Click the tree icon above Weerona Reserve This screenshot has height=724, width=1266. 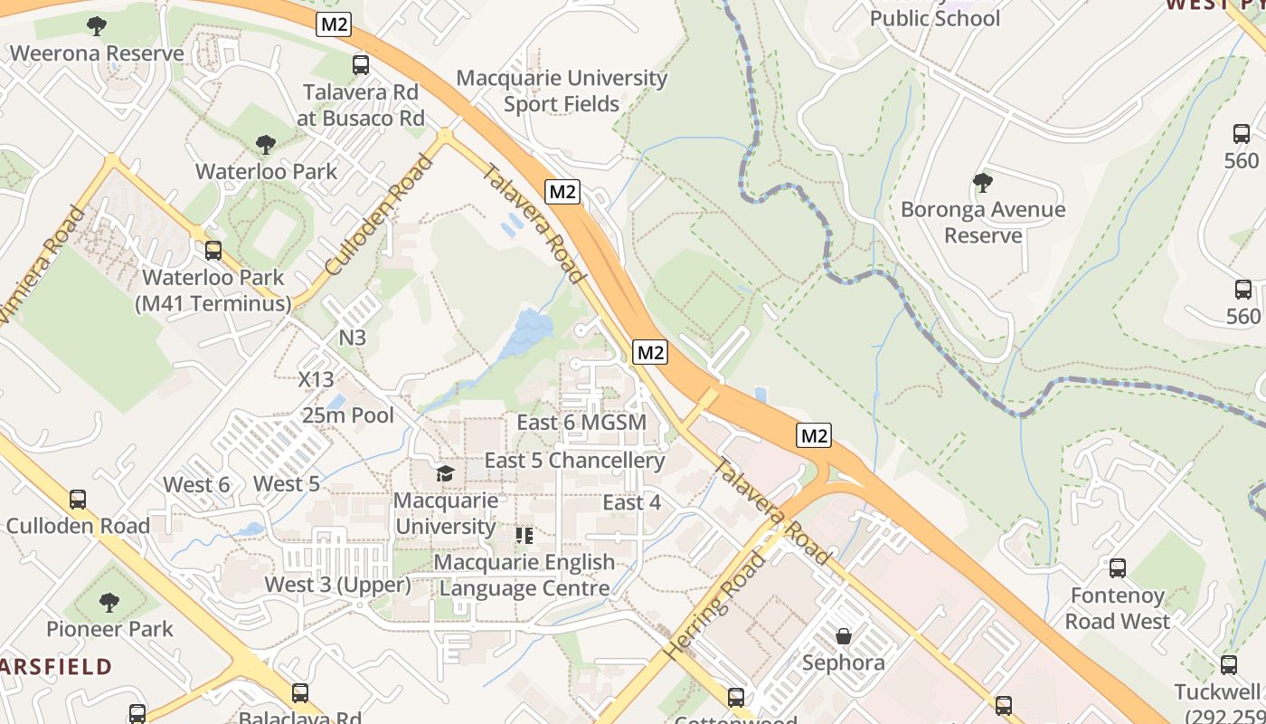(x=96, y=25)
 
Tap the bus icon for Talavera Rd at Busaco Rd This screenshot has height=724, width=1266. (x=361, y=64)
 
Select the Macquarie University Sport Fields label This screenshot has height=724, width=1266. (x=561, y=90)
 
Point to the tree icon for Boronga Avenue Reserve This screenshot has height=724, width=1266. (x=982, y=183)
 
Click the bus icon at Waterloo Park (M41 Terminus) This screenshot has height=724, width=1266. (x=213, y=251)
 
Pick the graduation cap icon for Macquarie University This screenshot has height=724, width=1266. (x=445, y=473)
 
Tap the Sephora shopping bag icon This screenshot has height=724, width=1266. (x=844, y=636)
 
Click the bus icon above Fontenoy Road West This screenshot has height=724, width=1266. (x=1118, y=568)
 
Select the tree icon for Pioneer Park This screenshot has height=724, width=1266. (x=109, y=601)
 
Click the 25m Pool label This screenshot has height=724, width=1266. (x=348, y=415)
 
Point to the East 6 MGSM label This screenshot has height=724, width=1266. (x=581, y=423)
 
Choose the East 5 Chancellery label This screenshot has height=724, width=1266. (x=574, y=460)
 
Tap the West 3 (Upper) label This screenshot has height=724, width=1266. (x=337, y=585)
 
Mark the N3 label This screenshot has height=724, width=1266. (x=353, y=338)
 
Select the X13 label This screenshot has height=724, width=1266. (x=316, y=379)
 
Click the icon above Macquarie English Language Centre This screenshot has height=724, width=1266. (x=524, y=536)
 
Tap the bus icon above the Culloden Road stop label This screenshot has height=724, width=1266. (x=78, y=499)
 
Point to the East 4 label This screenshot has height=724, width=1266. (x=632, y=502)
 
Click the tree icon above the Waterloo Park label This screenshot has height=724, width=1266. (x=265, y=144)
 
